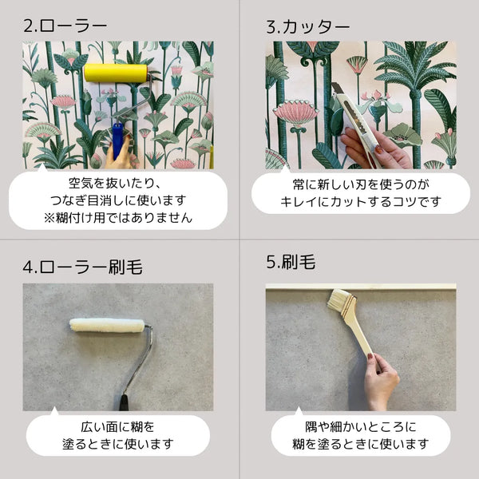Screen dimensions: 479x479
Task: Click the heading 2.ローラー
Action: click(65, 26)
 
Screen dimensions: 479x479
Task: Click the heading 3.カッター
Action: click(307, 26)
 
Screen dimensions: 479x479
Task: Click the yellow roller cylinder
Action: click(116, 73)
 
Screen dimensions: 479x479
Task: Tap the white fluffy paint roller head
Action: click(107, 325)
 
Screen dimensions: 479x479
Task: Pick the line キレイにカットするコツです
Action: click(360, 201)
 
